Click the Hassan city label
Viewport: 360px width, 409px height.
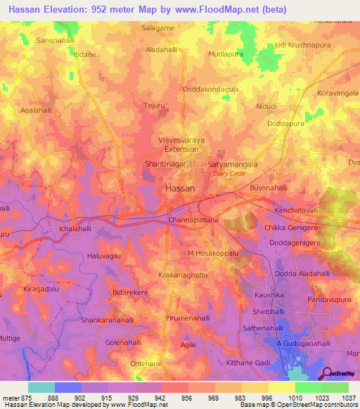pyautogui.click(x=180, y=188)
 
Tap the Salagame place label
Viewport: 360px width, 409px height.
pyautogui.click(x=157, y=27)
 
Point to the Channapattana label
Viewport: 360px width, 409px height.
pyautogui.click(x=194, y=221)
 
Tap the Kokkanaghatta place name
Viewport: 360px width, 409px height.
pyautogui.click(x=183, y=275)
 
